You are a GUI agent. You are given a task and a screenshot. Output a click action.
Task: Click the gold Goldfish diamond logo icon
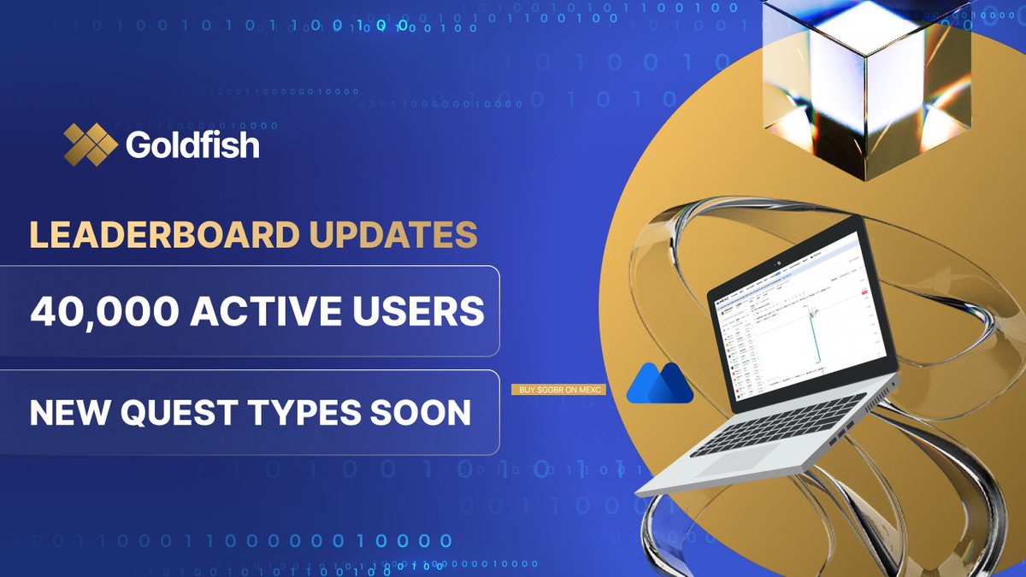pos(90,144)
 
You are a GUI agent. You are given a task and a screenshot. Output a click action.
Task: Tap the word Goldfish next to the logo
pos(192,144)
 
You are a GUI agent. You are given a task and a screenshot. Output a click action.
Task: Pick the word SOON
pos(425,414)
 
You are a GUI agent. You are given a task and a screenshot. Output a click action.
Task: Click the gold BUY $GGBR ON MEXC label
pos(557,390)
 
